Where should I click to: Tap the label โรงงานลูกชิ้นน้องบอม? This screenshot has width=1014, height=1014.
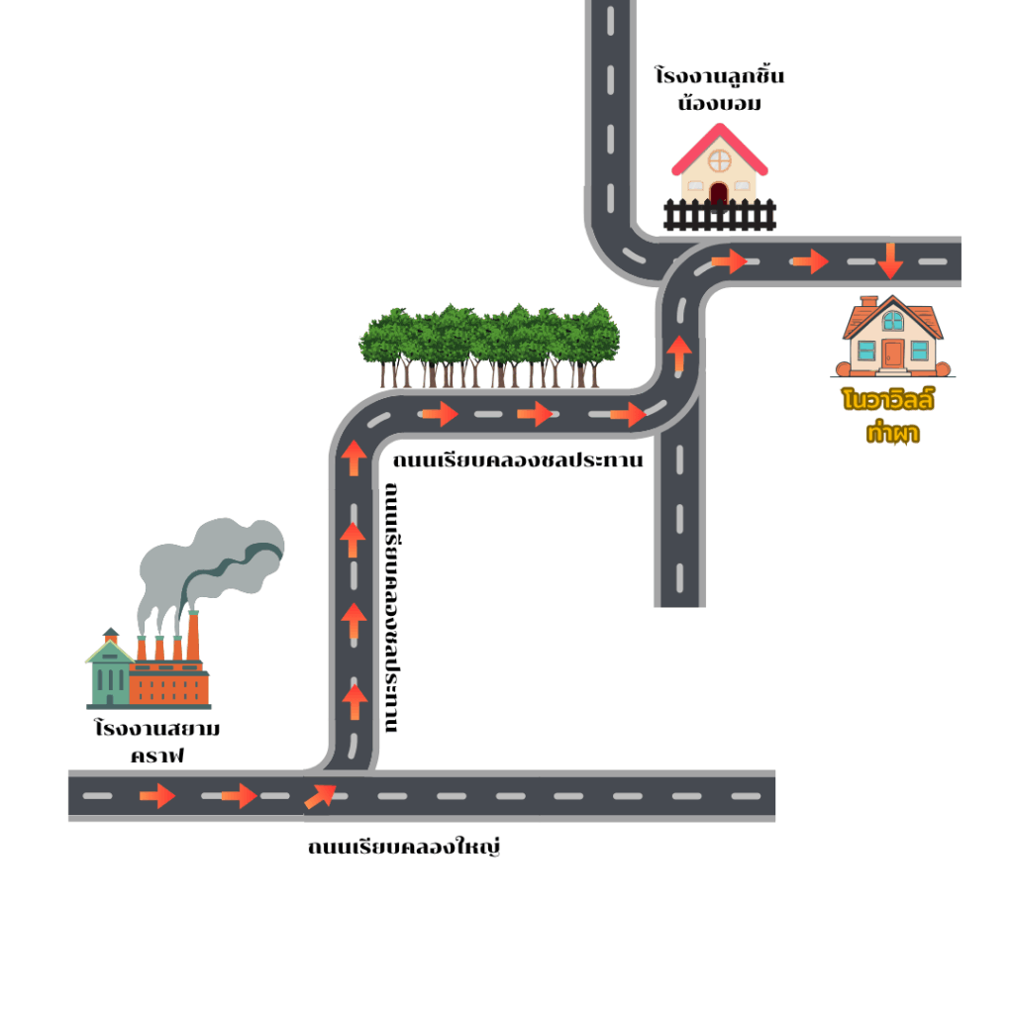point(720,90)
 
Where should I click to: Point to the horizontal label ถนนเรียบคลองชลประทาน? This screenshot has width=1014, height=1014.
point(518,460)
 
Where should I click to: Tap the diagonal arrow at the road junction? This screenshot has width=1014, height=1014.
point(320,794)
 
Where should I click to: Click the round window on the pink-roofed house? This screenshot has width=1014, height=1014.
point(719,160)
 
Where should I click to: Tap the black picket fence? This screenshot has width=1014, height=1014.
point(720,215)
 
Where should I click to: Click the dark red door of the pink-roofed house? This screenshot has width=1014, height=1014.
point(719,193)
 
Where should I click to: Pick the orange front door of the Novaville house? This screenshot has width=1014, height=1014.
point(893,352)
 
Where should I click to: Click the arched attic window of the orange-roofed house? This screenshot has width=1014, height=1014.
point(893,321)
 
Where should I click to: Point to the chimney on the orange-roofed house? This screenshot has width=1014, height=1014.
point(868,301)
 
